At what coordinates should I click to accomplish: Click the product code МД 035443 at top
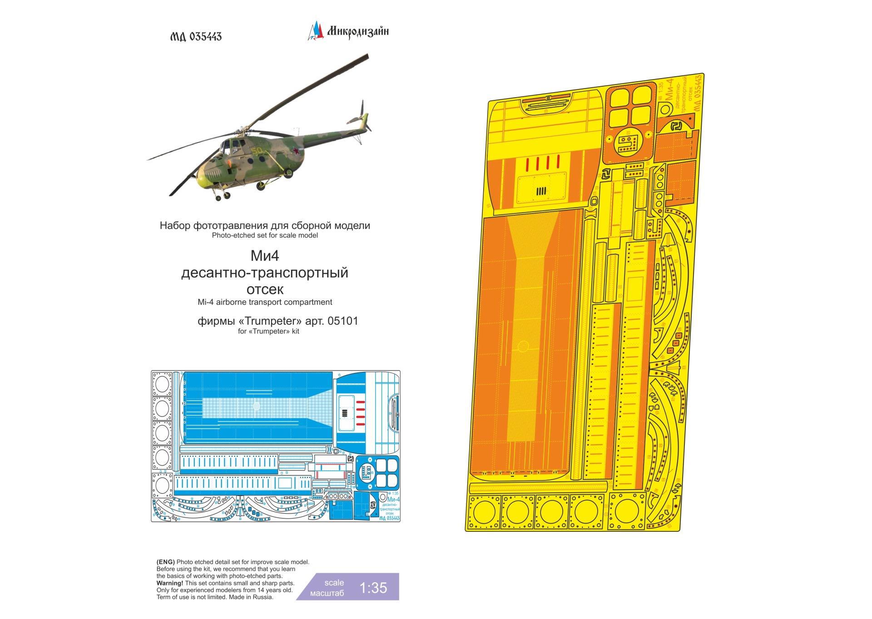tap(196, 37)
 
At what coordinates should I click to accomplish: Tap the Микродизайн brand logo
tap(349, 31)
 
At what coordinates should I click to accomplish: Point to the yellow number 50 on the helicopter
tap(257, 151)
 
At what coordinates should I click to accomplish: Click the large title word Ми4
tap(264, 256)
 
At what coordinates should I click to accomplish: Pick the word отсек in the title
tap(265, 289)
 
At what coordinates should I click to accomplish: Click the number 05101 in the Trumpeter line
tap(342, 321)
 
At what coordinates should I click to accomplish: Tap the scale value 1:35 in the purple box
tap(373, 588)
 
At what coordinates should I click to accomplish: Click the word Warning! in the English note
tap(170, 583)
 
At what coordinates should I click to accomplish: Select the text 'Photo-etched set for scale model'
tap(265, 235)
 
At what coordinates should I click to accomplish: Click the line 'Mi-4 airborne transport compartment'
tap(265, 302)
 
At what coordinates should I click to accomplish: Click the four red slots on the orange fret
tap(543, 163)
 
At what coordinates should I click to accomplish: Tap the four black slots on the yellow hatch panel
tap(541, 191)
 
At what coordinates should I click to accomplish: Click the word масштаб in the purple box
tap(327, 593)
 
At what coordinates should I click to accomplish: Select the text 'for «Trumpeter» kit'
tap(268, 331)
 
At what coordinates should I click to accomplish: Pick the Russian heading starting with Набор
tap(265, 226)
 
